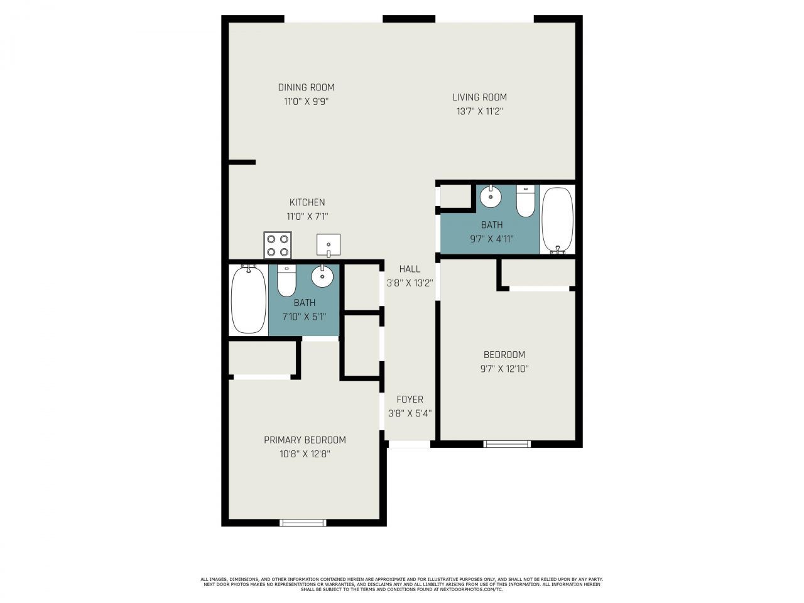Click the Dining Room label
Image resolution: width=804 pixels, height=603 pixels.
[x=306, y=87]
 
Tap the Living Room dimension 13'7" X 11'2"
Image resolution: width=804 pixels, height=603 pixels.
[x=479, y=111]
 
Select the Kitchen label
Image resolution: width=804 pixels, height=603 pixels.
[x=307, y=202]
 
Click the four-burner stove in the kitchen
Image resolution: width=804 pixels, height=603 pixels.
[x=278, y=245]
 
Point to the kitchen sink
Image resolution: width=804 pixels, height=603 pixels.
[x=329, y=245]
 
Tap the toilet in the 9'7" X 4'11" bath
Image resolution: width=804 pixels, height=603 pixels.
[x=525, y=200]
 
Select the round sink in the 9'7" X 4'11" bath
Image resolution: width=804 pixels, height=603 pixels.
[x=490, y=197]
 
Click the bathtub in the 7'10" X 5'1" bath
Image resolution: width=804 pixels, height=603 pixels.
[x=248, y=300]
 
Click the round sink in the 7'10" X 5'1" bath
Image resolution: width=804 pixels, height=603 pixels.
[x=322, y=275]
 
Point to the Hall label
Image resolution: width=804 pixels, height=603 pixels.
[x=410, y=269]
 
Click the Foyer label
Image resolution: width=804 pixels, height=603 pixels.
[x=410, y=399]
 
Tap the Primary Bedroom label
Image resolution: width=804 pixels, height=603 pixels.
[x=305, y=440]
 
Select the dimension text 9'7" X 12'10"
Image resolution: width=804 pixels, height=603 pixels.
[x=504, y=369]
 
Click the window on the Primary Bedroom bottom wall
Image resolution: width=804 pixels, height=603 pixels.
[x=303, y=522]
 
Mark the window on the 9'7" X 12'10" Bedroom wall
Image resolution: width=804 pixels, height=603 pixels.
[x=507, y=444]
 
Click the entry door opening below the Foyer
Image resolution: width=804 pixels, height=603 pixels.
[x=409, y=444]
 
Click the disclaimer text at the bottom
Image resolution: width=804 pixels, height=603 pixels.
[x=402, y=584]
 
